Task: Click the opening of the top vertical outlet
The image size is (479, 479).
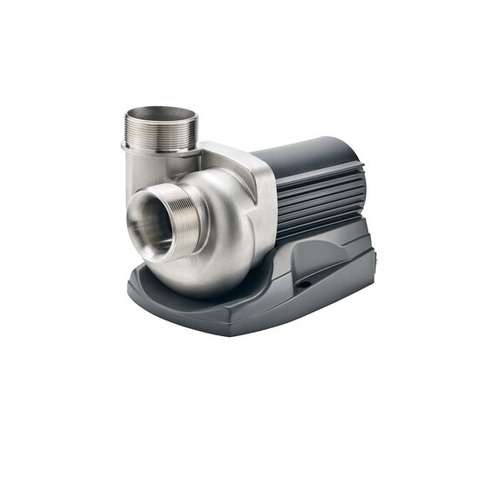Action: (x=162, y=117)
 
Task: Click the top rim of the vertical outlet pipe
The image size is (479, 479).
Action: (x=162, y=109)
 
